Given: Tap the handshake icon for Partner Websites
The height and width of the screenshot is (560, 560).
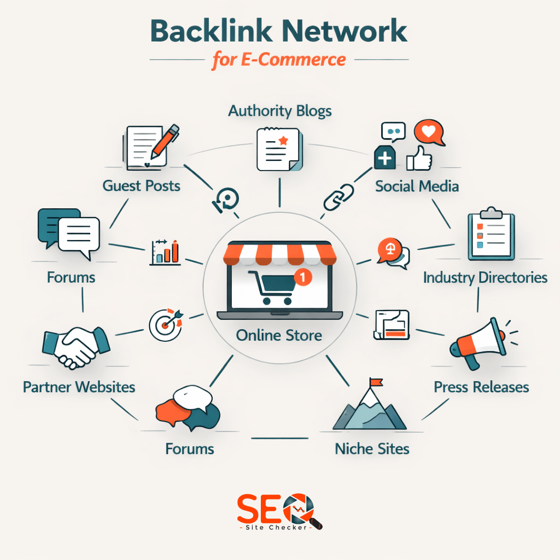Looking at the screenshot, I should pyautogui.click(x=75, y=346).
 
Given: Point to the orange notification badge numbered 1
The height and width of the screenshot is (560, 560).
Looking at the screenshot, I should pyautogui.click(x=302, y=276).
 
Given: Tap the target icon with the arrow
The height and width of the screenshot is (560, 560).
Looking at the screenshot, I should pyautogui.click(x=165, y=324).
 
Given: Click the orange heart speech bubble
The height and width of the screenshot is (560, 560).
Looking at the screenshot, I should pyautogui.click(x=429, y=133).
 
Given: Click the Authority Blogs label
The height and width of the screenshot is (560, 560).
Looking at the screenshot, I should pyautogui.click(x=279, y=111).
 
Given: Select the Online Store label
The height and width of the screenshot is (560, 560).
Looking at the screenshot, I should pyautogui.click(x=279, y=335).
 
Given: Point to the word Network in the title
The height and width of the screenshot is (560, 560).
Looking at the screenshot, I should pyautogui.click(x=342, y=32).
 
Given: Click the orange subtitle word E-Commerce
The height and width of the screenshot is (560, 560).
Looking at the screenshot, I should pyautogui.click(x=294, y=59).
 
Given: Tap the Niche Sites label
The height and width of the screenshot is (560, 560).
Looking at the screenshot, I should pyautogui.click(x=372, y=449).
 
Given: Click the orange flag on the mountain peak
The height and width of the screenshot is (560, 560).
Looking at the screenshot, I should pyautogui.click(x=376, y=382).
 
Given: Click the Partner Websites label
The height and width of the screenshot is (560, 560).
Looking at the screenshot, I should pyautogui.click(x=79, y=387).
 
